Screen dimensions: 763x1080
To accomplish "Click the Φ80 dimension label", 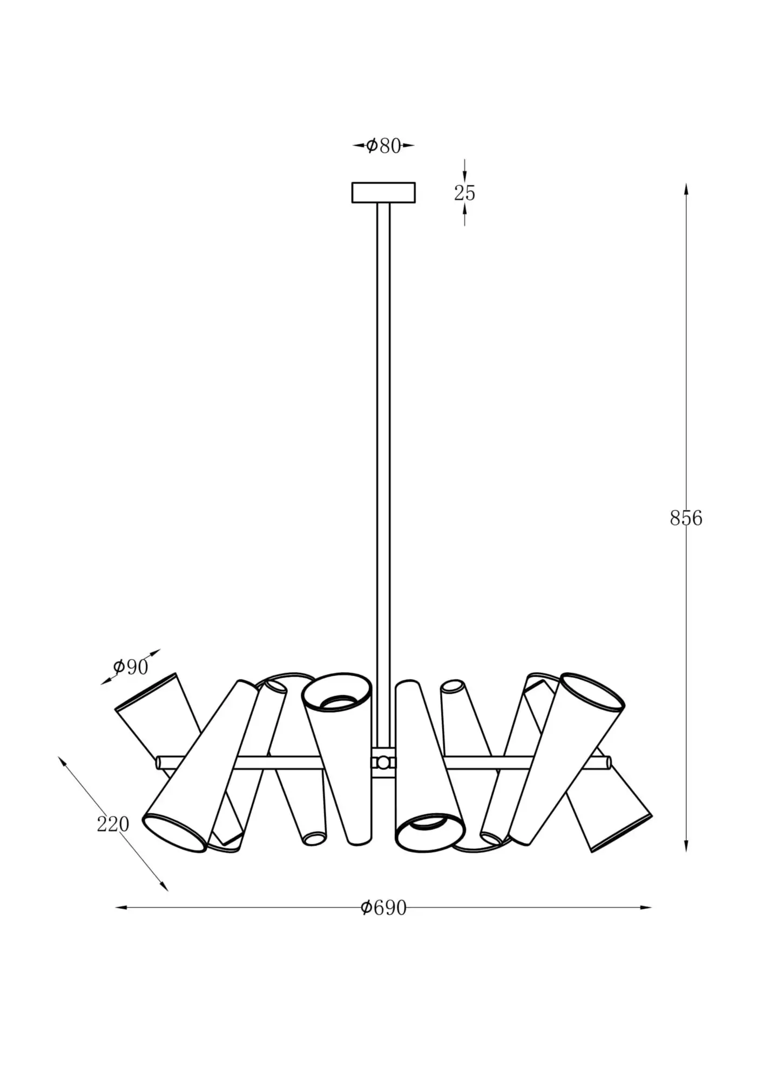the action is point(383,146).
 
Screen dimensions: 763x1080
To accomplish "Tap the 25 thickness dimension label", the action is point(464,193).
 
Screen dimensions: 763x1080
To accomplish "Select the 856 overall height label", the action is point(686,518).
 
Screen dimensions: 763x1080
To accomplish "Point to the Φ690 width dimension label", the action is point(383,908).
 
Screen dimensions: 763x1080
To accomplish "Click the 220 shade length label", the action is point(113,823).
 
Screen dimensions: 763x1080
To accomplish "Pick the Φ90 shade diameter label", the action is point(130,667).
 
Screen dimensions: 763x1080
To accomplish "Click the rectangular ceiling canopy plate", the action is point(383,193).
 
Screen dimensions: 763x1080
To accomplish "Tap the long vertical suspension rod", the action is point(383,475).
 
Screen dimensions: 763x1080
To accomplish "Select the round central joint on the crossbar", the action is point(383,762).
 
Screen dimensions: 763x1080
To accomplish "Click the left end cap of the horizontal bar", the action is point(159,762).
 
